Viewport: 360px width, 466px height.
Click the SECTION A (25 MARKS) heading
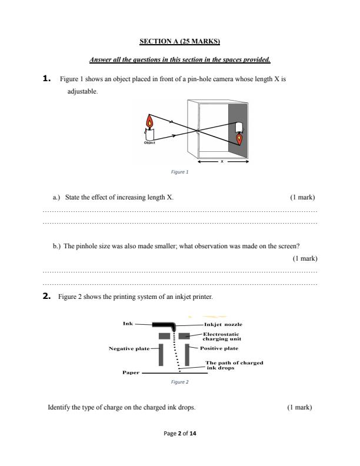pos(179,41)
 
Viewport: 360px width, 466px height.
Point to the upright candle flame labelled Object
pos(149,123)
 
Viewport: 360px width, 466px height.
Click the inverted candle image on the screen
pos(239,138)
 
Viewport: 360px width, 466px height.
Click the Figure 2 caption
pos(179,382)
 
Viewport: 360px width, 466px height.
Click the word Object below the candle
pos(149,143)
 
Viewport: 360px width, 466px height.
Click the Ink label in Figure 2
pos(128,323)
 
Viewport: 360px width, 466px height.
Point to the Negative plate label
pos(129,348)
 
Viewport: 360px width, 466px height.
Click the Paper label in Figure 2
pos(131,372)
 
